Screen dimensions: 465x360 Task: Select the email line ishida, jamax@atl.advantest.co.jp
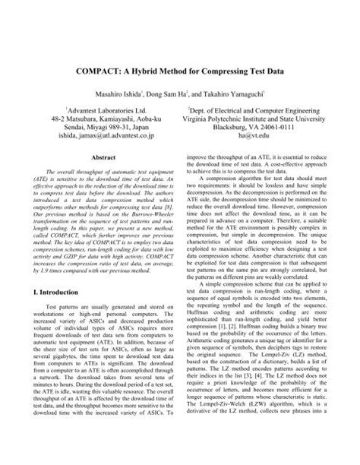94,138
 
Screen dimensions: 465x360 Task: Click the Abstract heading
94,158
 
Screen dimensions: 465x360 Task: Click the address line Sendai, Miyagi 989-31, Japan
94,129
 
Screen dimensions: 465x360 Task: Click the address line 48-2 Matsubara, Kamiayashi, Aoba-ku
94,119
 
